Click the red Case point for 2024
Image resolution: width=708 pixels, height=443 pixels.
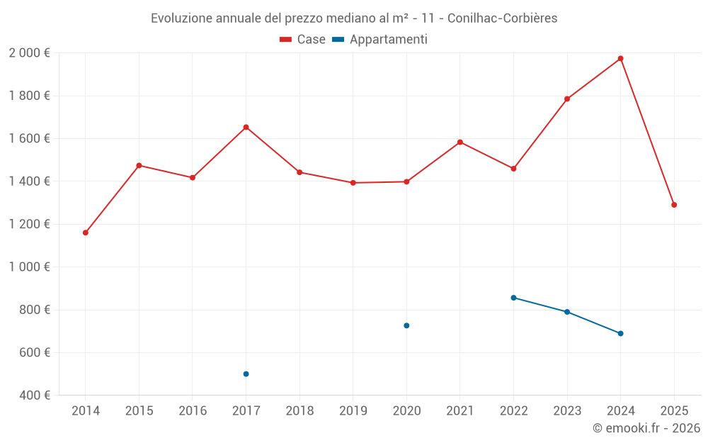point(620,58)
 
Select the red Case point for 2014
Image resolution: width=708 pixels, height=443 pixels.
point(86,232)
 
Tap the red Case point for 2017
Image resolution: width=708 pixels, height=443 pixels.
point(246,127)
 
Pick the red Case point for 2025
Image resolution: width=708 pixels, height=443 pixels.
point(674,205)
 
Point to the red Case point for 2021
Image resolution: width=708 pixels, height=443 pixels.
point(460,142)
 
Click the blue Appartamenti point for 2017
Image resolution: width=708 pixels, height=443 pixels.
point(246,374)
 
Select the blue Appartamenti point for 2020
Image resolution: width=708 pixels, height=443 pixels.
point(406,325)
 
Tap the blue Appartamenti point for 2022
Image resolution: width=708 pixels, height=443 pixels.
point(513,298)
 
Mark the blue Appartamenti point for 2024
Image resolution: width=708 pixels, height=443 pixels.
point(620,333)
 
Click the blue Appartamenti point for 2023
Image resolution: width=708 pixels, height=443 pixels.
point(567,312)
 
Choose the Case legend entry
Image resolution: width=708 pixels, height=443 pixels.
point(303,40)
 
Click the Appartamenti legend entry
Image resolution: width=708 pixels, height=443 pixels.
point(380,40)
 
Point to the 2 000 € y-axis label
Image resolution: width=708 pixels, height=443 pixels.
point(29,52)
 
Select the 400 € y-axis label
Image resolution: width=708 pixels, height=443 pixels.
point(33,395)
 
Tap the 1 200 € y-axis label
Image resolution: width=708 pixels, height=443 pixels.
point(29,224)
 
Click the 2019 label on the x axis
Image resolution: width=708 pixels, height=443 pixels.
point(353,411)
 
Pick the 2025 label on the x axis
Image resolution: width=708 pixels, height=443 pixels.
point(674,411)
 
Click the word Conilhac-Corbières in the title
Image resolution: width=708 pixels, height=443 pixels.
point(502,18)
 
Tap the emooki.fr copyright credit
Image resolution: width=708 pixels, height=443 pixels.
point(646,428)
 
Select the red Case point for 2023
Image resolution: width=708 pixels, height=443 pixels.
point(567,99)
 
